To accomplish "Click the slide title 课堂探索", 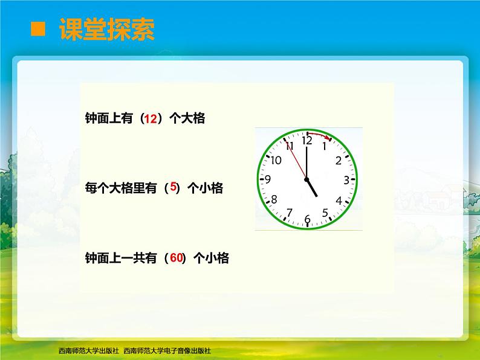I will (x=106, y=29).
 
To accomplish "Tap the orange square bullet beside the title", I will (x=39, y=29).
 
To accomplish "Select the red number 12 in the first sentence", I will (x=151, y=119).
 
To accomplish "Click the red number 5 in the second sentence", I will (x=173, y=188).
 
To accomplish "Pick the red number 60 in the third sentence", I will (x=177, y=258).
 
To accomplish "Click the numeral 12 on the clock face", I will (x=307, y=141).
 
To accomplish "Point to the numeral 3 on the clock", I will (x=346, y=179).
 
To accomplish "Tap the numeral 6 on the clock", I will (x=307, y=219).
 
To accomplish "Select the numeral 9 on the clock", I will (x=268, y=179).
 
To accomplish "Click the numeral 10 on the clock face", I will (x=276, y=160).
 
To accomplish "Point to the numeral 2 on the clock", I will (x=339, y=160).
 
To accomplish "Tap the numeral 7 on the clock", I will (x=289, y=212).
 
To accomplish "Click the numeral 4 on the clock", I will (x=339, y=201).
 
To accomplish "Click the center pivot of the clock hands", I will (x=307, y=179).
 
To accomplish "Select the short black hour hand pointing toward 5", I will (x=312, y=188).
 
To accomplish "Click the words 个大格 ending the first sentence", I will (x=187, y=119).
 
